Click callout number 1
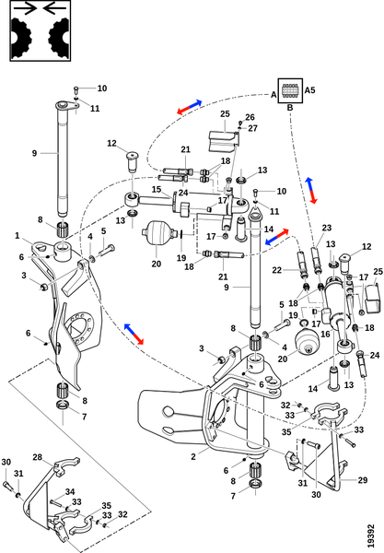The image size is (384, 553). point(17,235)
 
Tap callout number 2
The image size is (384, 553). point(193,457)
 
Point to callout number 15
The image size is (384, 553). point(157,189)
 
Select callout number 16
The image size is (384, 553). point(325,334)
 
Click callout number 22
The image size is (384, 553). point(277,270)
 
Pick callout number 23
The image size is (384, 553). point(327,228)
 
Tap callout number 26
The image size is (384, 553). point(250,117)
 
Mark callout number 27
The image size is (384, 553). point(252,128)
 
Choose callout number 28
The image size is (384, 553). point(38,457)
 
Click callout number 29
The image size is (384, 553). point(363,480)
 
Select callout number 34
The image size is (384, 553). point(70,491)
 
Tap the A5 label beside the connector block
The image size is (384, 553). point(309,90)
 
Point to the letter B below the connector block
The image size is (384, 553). point(290,108)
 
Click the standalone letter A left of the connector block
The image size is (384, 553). point(273,95)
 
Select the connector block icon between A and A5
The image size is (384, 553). point(290,90)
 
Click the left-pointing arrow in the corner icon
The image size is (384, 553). point(54,8)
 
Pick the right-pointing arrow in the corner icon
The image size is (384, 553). point(26,8)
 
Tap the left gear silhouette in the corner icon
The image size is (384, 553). point(21,38)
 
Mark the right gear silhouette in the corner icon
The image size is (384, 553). point(59,38)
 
